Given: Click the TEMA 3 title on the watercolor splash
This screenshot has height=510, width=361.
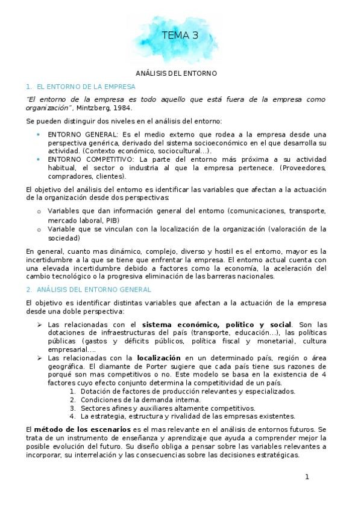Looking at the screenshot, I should point(180,36).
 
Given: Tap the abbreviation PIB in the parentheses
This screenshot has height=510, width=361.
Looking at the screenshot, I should point(112,220).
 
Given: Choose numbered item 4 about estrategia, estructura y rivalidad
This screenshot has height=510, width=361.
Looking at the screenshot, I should point(187,416).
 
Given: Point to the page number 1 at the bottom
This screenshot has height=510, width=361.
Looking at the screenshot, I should point(307,477).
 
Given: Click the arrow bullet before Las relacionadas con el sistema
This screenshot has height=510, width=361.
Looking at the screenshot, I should point(39,324).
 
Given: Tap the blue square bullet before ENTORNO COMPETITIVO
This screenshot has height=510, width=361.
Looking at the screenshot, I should point(38,159).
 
